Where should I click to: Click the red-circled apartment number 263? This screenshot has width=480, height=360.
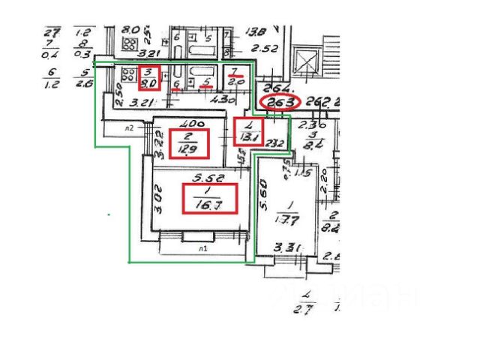[278, 102]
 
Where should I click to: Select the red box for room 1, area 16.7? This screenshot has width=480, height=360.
[210, 198]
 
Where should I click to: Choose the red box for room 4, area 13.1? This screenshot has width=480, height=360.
[247, 132]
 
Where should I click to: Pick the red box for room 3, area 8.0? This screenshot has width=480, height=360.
[150, 76]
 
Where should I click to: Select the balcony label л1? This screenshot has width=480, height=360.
[202, 247]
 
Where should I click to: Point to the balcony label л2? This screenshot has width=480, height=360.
[129, 127]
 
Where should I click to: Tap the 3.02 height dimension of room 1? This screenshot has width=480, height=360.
[158, 204]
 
